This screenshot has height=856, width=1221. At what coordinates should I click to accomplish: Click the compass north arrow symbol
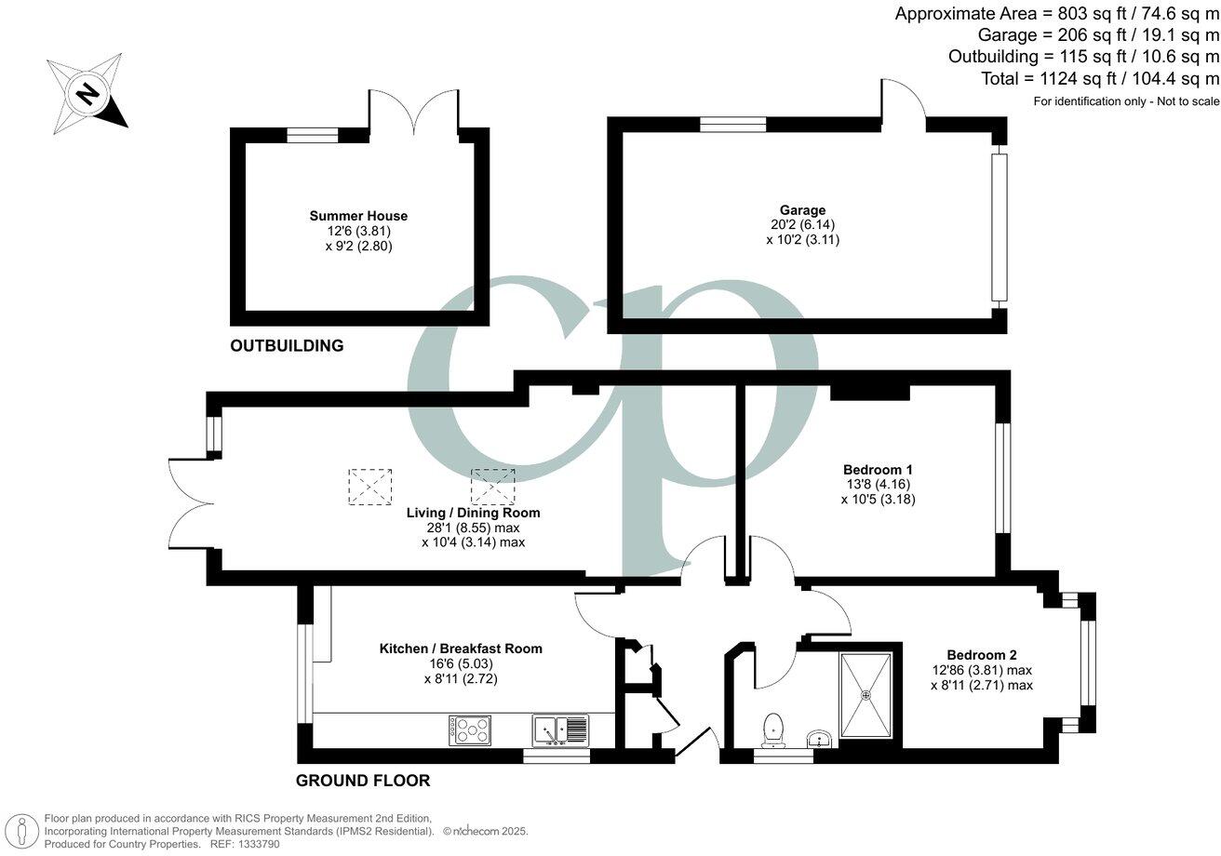pos(87,93)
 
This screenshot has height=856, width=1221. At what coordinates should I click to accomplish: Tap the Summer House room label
pos(358,216)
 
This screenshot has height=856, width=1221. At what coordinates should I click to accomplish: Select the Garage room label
pos(802,210)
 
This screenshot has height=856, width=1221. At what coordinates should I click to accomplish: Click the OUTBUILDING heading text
pos(287,346)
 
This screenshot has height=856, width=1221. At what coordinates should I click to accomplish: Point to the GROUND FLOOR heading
pos(363,781)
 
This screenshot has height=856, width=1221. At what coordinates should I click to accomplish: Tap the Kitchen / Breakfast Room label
pos(461,649)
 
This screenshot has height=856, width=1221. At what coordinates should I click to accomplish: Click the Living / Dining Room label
pos(473,513)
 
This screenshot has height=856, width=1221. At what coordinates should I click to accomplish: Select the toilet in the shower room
pos(772,729)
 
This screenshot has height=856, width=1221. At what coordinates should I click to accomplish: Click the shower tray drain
pos(865,694)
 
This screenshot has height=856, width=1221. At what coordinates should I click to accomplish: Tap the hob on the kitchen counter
pos(469,729)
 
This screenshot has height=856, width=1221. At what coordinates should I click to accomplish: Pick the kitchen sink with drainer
pos(560,729)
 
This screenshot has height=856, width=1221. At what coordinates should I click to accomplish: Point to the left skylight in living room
pos(370,487)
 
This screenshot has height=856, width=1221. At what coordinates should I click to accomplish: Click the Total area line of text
pos(1100,79)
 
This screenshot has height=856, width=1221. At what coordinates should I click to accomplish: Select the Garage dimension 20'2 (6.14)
pos(802,224)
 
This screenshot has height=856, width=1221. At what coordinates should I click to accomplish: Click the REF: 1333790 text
pos(247,844)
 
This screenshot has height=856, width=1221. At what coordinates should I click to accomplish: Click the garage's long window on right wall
pos(999,227)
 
